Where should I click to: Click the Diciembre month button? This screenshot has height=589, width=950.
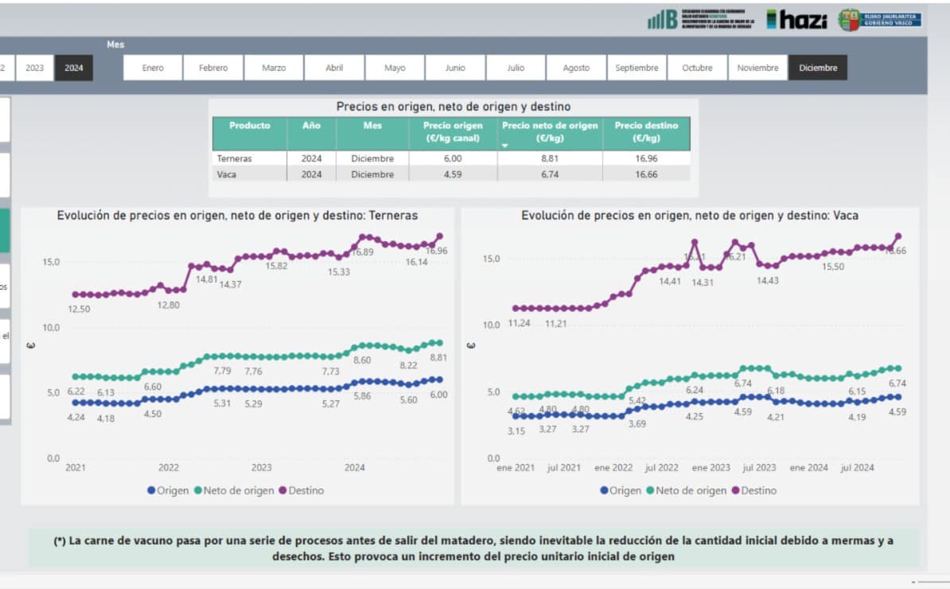tap(818, 68)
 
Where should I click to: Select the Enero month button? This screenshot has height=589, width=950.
tap(153, 68)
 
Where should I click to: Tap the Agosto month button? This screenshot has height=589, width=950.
tap(576, 68)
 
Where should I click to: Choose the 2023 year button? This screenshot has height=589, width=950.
tap(35, 68)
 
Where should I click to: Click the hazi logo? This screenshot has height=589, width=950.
tap(797, 20)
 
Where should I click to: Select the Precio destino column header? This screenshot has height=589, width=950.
tap(646, 131)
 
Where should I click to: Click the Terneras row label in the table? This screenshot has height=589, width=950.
tap(234, 158)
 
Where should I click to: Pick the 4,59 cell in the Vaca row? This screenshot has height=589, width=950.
tap(452, 174)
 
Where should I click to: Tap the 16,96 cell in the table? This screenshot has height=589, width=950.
tap(646, 158)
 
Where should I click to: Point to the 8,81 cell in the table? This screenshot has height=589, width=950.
tap(550, 158)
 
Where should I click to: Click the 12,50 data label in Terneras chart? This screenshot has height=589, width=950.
tap(79, 309)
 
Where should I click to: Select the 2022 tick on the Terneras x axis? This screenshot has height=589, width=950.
tap(169, 468)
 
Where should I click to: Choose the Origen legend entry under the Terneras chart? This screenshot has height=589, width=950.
tap(168, 491)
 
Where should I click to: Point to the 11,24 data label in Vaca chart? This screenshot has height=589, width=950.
tap(519, 323)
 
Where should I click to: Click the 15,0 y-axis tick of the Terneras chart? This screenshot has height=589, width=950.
tap(50, 262)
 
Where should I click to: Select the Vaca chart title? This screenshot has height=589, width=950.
tap(689, 216)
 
